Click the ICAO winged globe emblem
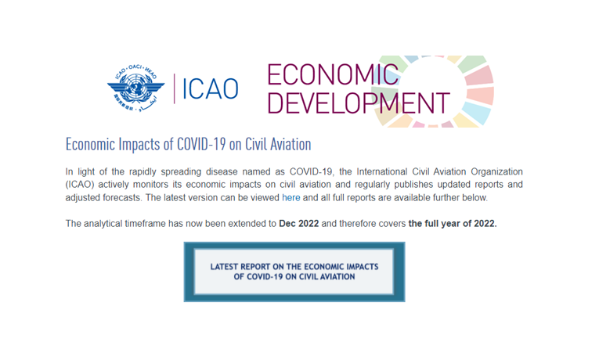tap(136, 88)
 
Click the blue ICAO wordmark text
tap(211, 89)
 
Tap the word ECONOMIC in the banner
tap(333, 74)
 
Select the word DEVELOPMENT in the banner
tap(359, 103)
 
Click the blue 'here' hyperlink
tap(290, 198)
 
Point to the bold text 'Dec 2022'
tap(299, 223)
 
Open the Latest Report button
tap(294, 272)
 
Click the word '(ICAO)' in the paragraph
tap(79, 185)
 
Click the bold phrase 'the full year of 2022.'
tap(453, 223)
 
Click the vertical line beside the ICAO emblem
tap(174, 88)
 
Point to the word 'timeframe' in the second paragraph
tap(145, 223)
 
